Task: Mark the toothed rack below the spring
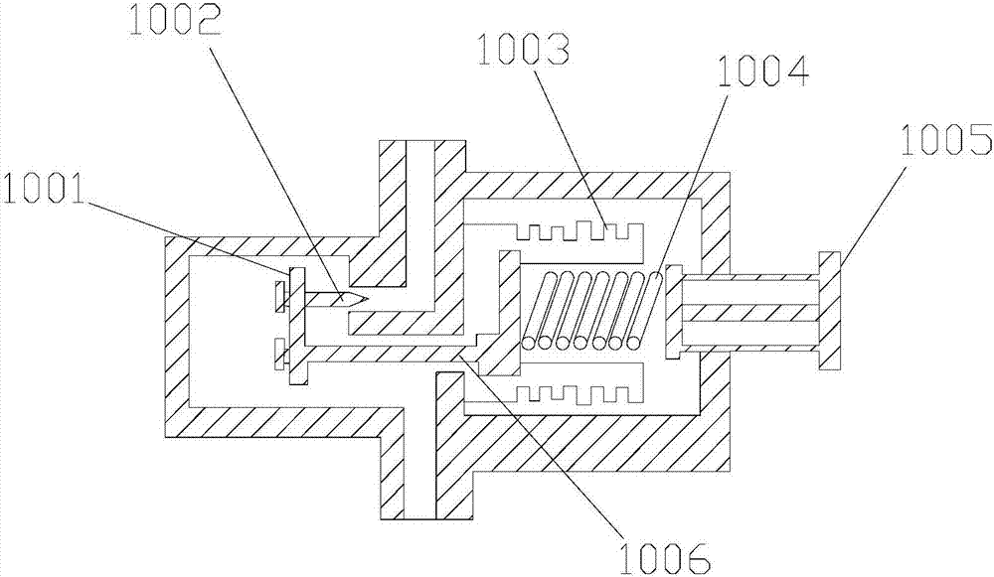click(x=580, y=389)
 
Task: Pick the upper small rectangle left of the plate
click(x=278, y=295)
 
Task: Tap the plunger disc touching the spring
click(x=672, y=311)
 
